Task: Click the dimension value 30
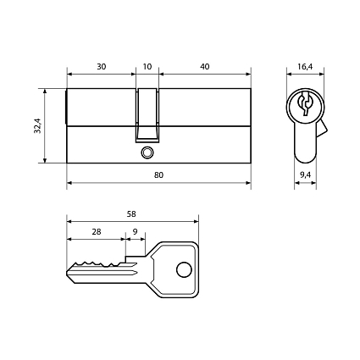point(101,66)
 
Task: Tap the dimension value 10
point(148,66)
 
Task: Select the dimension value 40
point(205,66)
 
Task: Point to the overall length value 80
point(159,174)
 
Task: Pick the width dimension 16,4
point(305,66)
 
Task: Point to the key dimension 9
point(136,230)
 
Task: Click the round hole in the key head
point(184,270)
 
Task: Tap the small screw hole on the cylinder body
point(148,153)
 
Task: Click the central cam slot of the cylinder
point(148,114)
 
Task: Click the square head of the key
point(174,269)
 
